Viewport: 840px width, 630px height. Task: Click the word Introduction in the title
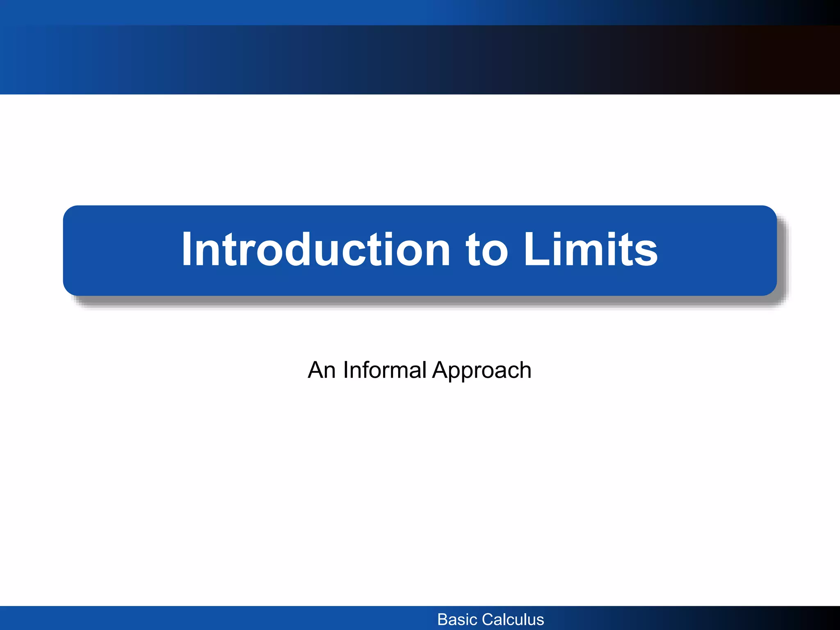316,249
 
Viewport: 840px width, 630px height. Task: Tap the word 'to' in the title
487,249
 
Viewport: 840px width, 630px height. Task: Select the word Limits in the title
591,249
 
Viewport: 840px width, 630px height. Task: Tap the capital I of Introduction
187,249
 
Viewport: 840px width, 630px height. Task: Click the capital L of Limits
537,249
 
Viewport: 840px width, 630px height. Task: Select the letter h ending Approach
525,370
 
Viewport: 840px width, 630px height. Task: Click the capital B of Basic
443,619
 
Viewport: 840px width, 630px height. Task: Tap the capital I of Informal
345,370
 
